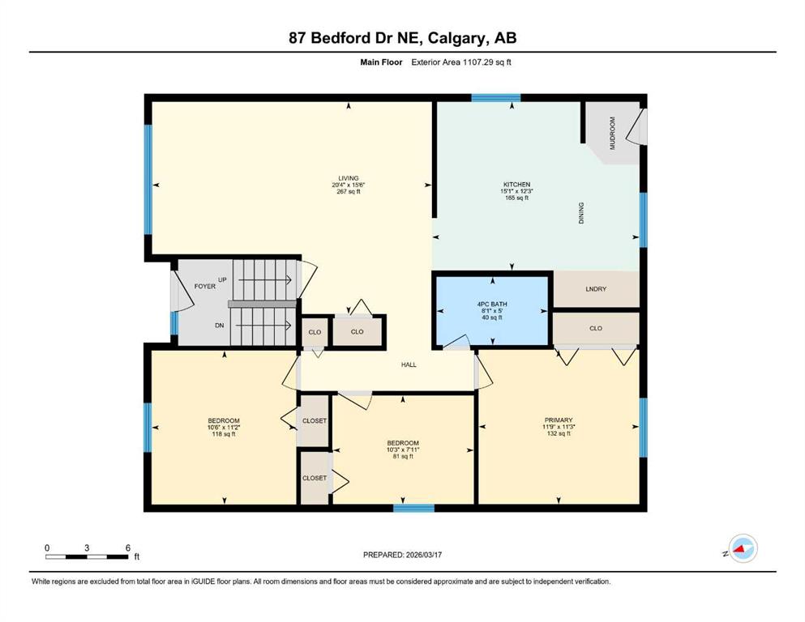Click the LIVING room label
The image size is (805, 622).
[x=348, y=178]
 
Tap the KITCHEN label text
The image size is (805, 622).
[x=516, y=185]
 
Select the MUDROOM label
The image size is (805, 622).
[x=612, y=134]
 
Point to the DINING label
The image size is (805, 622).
[x=581, y=213]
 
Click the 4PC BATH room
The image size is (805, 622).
[x=492, y=311]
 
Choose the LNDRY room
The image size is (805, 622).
[x=596, y=289]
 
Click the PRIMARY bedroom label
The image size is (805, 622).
[x=559, y=420]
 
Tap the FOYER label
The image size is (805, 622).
[x=205, y=286]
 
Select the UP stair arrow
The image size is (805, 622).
[x=265, y=280]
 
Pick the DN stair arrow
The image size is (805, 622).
[x=263, y=325]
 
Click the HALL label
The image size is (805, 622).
[x=409, y=364]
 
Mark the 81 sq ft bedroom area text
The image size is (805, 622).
[x=403, y=456]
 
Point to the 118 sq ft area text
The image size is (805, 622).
[x=224, y=434]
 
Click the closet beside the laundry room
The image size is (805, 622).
[x=596, y=328]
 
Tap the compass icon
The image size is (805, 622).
[x=743, y=548]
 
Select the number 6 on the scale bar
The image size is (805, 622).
[x=128, y=547]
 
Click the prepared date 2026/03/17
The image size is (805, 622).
[x=423, y=555]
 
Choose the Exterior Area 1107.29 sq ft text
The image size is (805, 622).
[x=461, y=62]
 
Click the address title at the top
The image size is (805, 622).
[x=402, y=38]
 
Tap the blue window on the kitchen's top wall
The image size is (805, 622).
[x=496, y=98]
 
